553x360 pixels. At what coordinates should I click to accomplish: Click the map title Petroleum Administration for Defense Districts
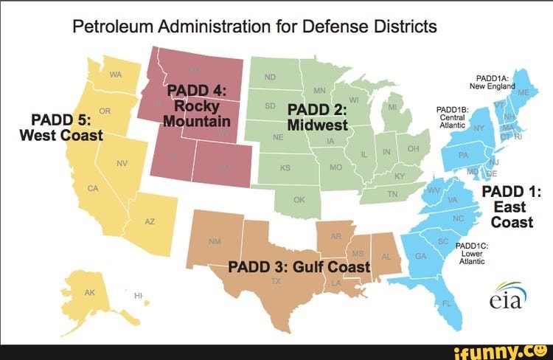coord(254,27)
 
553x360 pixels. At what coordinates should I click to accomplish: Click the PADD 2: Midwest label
coord(318,117)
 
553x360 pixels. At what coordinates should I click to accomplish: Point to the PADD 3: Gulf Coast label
coord(298,266)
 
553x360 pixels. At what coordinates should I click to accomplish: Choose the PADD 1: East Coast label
coord(511,207)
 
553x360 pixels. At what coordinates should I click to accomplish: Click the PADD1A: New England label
coord(492,81)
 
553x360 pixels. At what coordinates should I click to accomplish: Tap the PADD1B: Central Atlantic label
coord(451,118)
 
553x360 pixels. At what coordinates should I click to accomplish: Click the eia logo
coord(507,297)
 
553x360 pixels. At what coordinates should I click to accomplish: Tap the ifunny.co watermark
coord(501,350)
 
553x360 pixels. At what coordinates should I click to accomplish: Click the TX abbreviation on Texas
coord(276,282)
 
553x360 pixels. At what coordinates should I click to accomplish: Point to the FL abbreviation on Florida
coord(445,303)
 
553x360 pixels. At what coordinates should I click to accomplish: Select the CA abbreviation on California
coord(93,189)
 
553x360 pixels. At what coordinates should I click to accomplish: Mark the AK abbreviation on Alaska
coord(90,292)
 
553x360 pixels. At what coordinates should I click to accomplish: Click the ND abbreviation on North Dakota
coord(269,77)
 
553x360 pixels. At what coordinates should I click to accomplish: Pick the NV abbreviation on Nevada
coord(122,162)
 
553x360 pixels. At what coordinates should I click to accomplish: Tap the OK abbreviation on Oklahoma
coord(298,199)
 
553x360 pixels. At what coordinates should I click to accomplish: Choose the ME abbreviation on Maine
coord(523,93)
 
